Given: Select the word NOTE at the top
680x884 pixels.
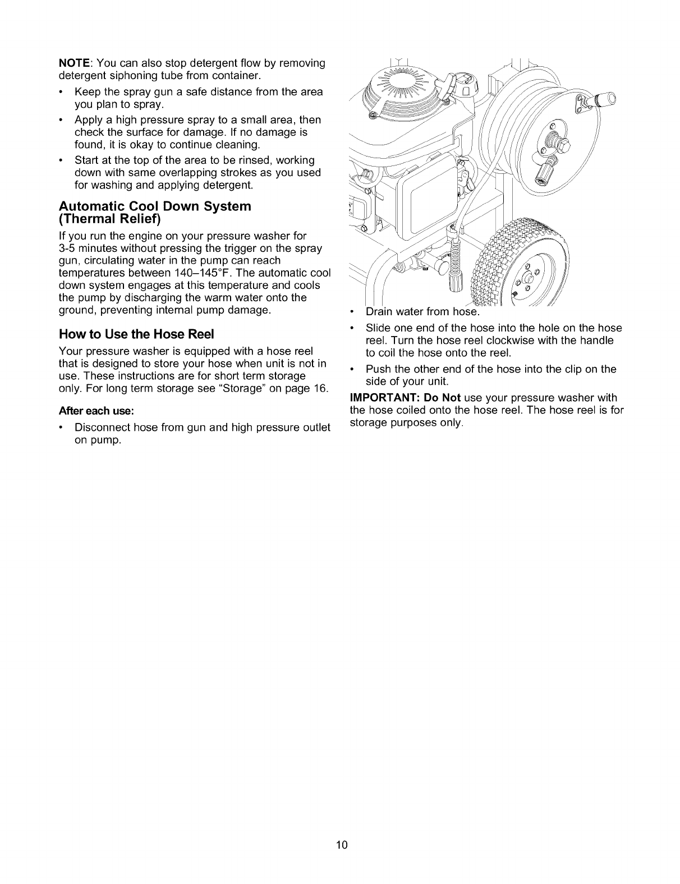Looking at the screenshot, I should click(x=72, y=63).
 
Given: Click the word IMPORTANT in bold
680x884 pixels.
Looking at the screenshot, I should click(x=380, y=398).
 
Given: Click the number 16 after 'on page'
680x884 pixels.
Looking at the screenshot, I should click(x=320, y=388).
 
